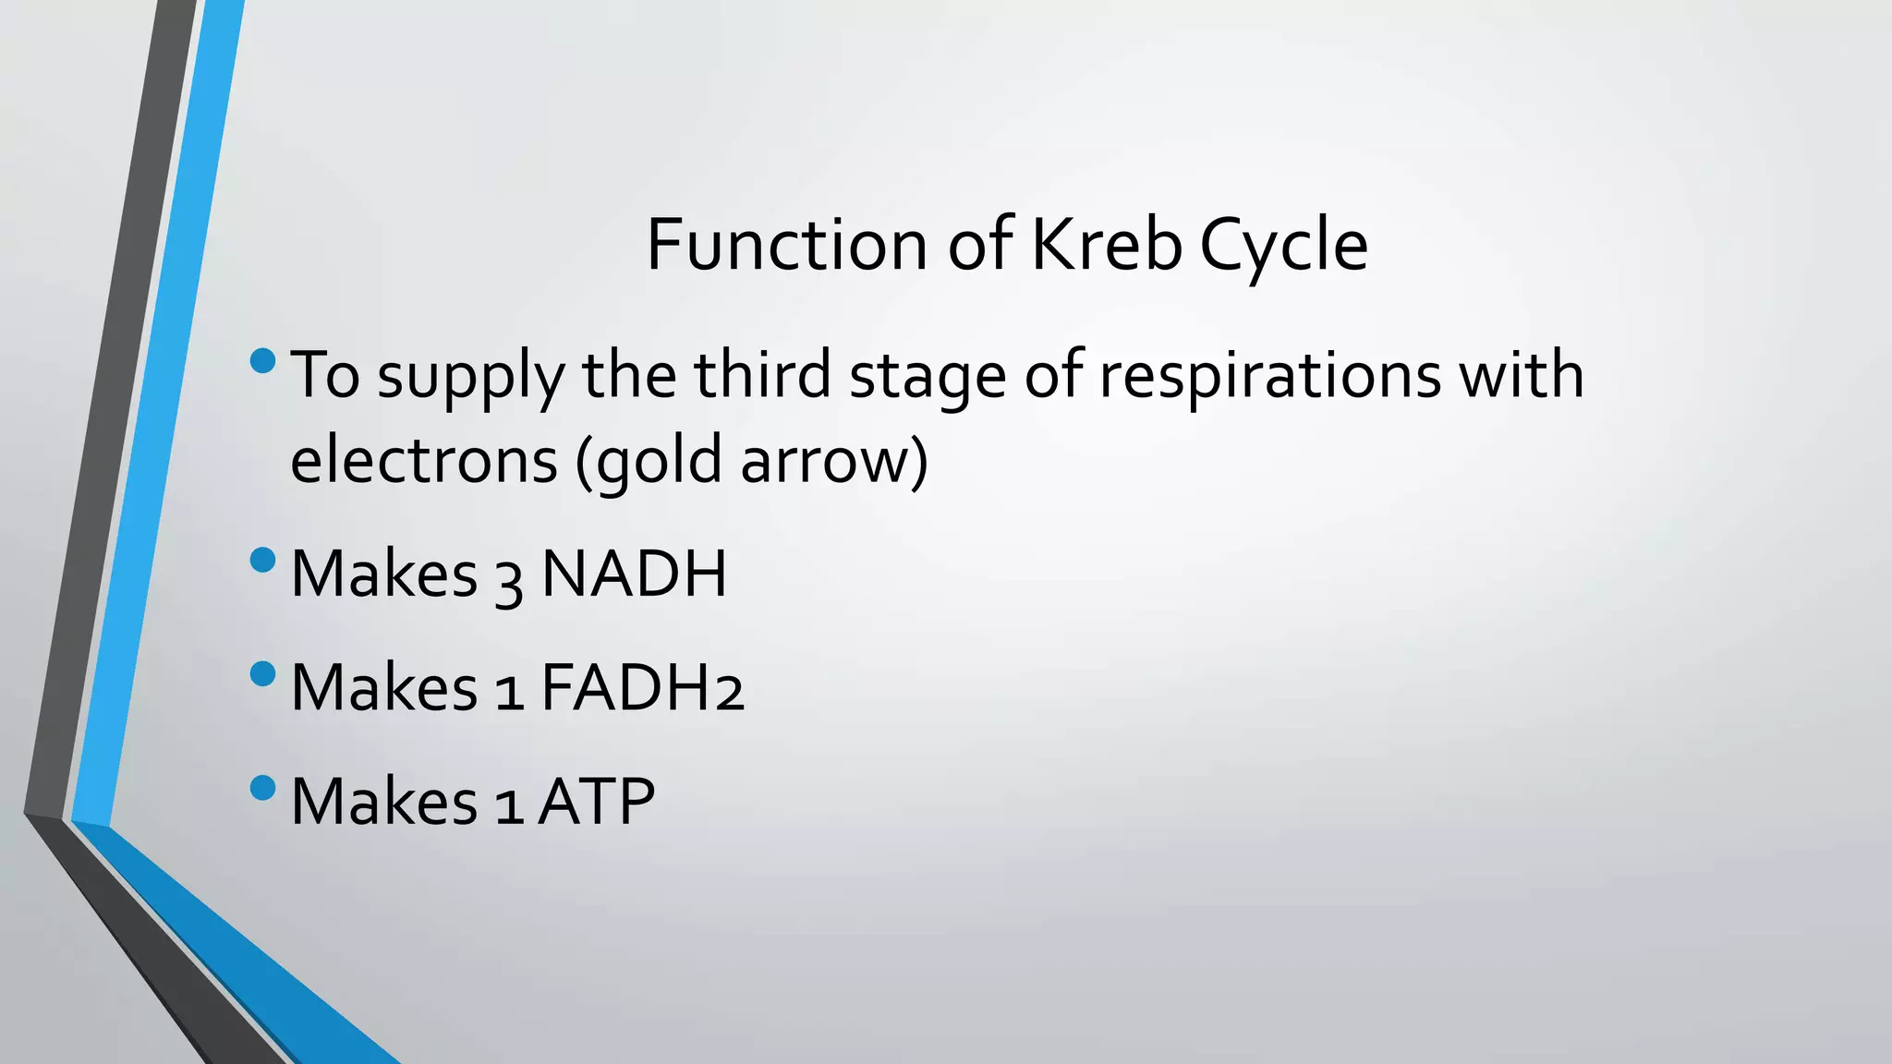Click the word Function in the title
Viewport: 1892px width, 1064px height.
(785, 245)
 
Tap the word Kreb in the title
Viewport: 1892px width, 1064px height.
(1105, 245)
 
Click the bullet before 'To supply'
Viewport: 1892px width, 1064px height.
(263, 360)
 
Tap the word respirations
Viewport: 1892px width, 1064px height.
(1269, 377)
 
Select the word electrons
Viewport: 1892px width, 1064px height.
(424, 460)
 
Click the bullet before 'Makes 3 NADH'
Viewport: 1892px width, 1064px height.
(263, 560)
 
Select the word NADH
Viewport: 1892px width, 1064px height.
(634, 574)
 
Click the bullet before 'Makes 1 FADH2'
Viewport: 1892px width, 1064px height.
(263, 673)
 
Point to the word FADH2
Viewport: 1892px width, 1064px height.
(642, 687)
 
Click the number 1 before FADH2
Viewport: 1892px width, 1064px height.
(509, 691)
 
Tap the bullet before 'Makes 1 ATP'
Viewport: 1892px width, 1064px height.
(263, 787)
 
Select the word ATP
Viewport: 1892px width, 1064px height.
(597, 801)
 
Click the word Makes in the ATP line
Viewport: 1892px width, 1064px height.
(383, 801)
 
